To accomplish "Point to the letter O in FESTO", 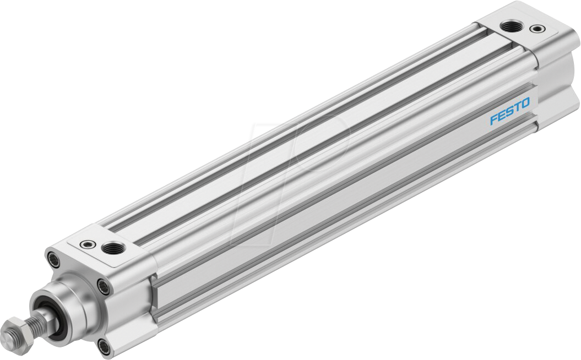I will [x=524, y=103].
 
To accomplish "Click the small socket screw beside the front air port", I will [x=87, y=245].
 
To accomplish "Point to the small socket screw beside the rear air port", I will [x=535, y=28].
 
